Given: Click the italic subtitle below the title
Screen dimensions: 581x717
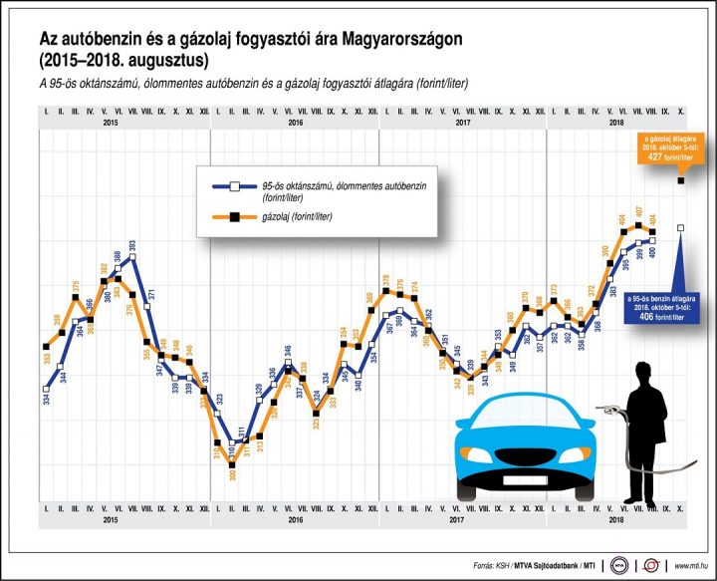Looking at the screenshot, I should (254, 84).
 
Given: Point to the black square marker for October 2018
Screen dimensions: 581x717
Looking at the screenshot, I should (681, 180).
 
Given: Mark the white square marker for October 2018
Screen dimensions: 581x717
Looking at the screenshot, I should (681, 228).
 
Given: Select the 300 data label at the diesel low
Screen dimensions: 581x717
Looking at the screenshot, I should (230, 475).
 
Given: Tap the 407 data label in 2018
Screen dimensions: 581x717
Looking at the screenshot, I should (638, 211).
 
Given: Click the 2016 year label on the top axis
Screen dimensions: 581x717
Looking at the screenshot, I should (295, 123).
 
